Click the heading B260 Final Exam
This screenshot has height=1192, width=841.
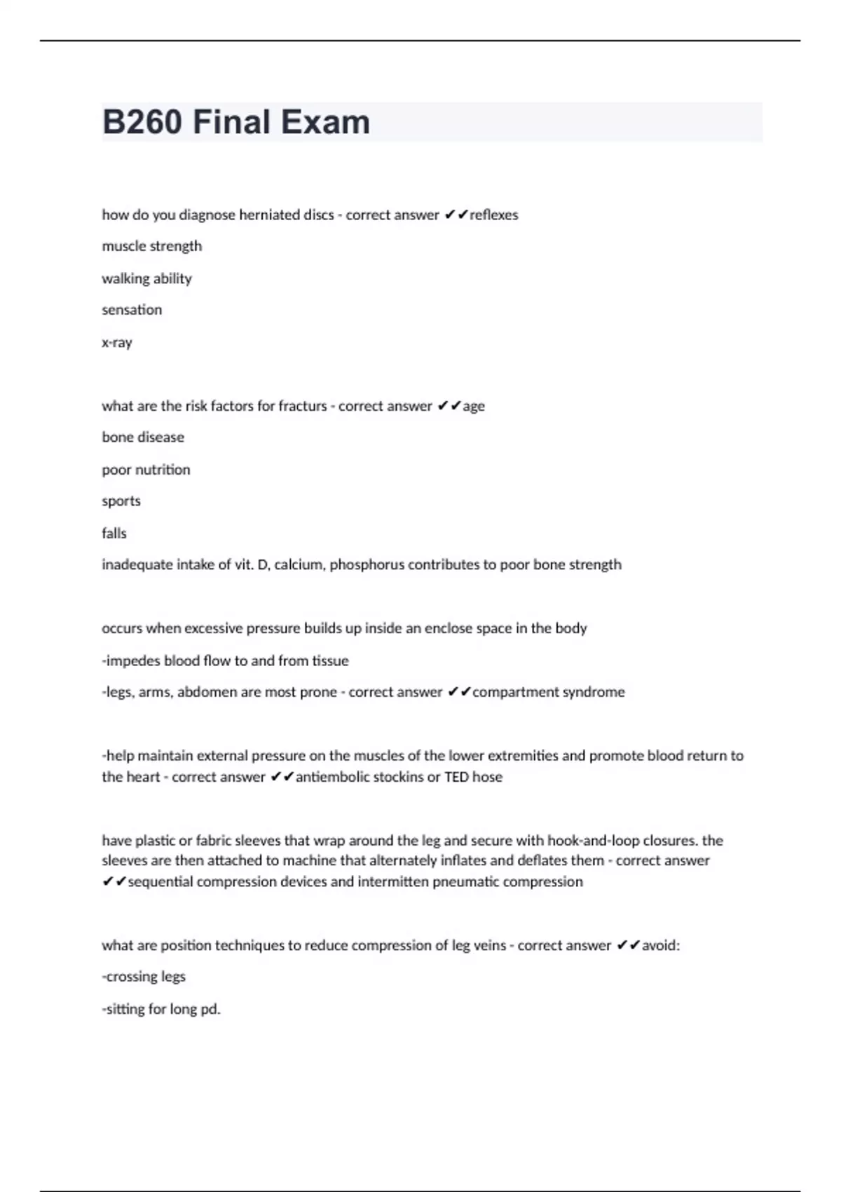tap(236, 122)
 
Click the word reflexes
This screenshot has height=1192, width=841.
tap(494, 215)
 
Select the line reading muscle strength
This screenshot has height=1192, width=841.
tap(152, 246)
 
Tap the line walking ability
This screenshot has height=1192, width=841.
tap(146, 278)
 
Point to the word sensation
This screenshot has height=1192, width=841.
tap(132, 310)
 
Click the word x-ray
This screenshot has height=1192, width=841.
tap(117, 343)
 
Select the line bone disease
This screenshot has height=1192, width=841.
tap(143, 438)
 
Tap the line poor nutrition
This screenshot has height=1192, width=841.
tap(146, 470)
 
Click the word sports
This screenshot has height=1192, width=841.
tap(121, 501)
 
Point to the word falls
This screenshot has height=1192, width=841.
tap(114, 534)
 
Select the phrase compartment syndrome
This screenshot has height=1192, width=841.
tap(549, 692)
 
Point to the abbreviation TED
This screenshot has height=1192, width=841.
tap(456, 777)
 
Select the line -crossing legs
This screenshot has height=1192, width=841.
tap(144, 977)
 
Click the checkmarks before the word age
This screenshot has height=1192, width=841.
tap(449, 406)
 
